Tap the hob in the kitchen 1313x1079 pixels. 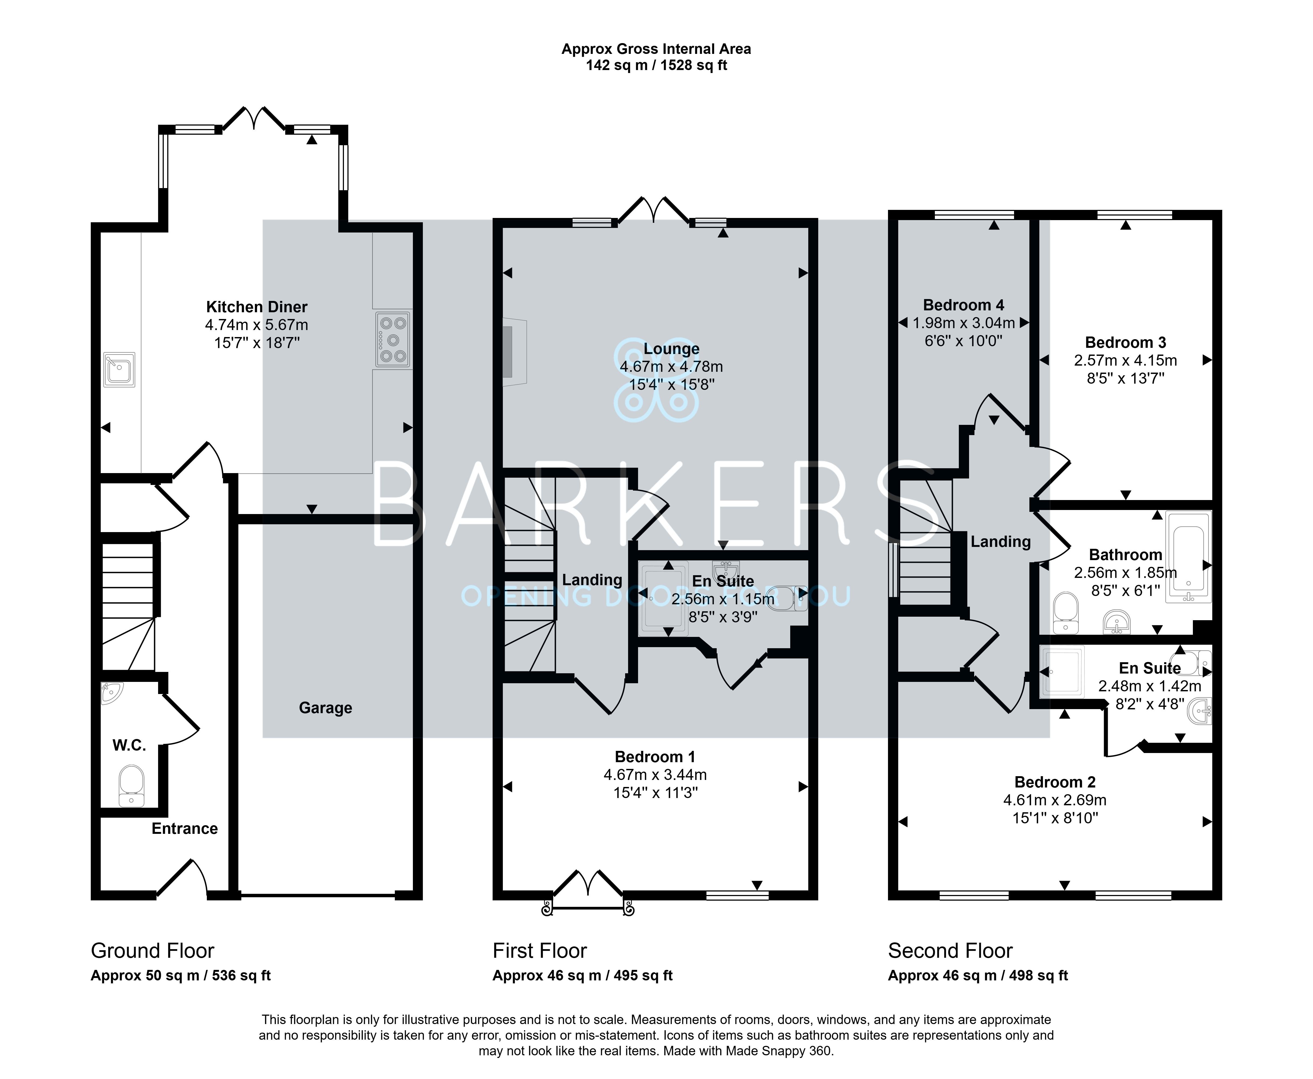coord(393,339)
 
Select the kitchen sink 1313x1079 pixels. coord(119,369)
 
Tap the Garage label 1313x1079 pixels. coord(326,708)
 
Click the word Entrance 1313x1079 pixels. coord(184,828)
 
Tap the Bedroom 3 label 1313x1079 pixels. coord(1125,342)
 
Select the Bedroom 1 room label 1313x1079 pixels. coord(655,757)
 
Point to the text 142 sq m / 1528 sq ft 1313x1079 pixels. coord(656,65)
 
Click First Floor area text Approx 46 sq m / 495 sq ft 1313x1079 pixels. coord(583,976)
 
